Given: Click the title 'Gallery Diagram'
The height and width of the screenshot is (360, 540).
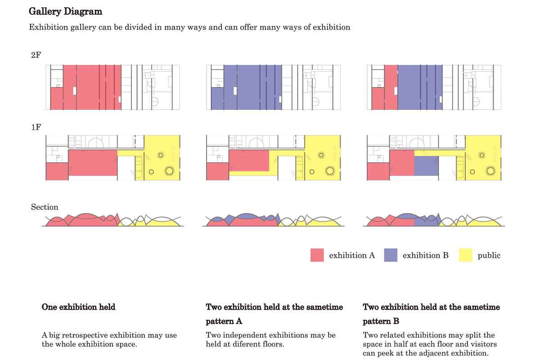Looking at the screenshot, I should [x=65, y=11].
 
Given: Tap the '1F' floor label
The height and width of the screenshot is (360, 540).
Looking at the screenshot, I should [x=36, y=127].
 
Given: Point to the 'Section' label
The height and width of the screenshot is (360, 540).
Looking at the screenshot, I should [x=45, y=207].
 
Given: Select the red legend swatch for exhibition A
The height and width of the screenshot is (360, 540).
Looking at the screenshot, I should [x=317, y=255].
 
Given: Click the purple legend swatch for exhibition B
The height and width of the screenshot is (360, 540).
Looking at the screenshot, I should [x=390, y=255].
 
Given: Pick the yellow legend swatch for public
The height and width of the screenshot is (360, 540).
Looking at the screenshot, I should [x=465, y=255].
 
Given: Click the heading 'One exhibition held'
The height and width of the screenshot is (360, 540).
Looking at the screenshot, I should [x=78, y=307].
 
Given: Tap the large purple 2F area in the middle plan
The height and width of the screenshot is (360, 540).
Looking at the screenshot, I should [x=252, y=88].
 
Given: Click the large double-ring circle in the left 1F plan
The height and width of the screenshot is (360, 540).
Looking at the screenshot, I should [x=170, y=171].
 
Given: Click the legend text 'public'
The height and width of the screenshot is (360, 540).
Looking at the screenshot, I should [x=489, y=256].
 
